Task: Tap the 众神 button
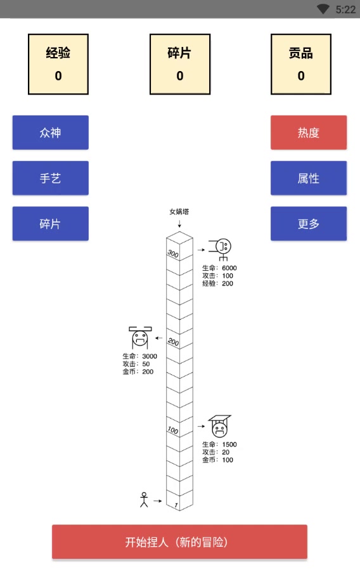click(x=50, y=133)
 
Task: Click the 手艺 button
click(x=50, y=178)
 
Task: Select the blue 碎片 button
click(x=50, y=224)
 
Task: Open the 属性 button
click(x=309, y=178)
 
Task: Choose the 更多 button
click(x=309, y=224)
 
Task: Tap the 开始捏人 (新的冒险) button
click(x=179, y=542)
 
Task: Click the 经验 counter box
click(x=58, y=64)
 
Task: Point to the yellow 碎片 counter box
click(x=179, y=64)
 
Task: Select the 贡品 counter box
click(x=300, y=64)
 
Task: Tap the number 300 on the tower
click(x=172, y=254)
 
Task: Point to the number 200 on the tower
click(x=173, y=342)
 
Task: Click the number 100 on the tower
click(x=172, y=430)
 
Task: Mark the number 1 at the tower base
click(x=176, y=505)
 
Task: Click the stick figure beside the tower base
click(x=144, y=500)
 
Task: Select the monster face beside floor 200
click(x=139, y=339)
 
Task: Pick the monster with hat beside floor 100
click(x=219, y=427)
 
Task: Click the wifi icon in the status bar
click(x=323, y=9)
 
